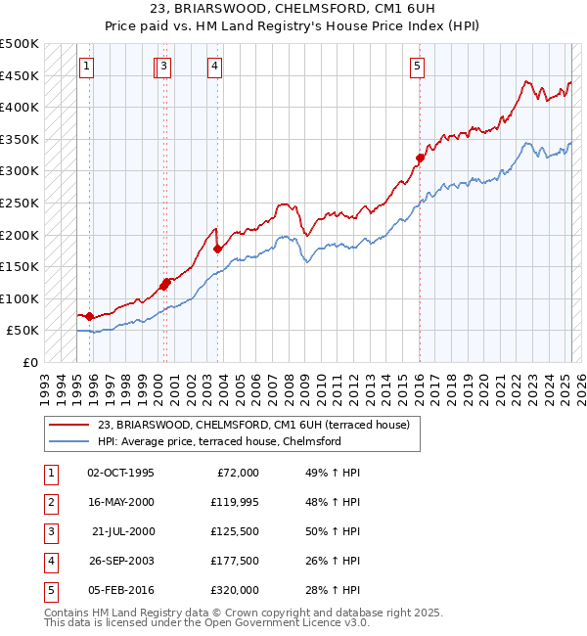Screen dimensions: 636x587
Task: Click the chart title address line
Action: pos(293,9)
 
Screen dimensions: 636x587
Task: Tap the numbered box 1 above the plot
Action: pos(87,67)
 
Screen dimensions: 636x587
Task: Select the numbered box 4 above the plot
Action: pos(214,67)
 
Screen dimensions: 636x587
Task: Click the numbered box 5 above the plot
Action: pos(418,67)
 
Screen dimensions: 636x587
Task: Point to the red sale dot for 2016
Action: pos(420,158)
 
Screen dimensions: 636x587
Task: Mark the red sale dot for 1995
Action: pos(89,316)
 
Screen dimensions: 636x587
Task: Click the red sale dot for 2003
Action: pos(218,249)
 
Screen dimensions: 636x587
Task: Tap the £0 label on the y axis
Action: pos(28,362)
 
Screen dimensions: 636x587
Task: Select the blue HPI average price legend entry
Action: pos(218,441)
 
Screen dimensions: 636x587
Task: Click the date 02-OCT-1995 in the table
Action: pos(120,473)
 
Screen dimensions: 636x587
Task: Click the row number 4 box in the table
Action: pos(49,561)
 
